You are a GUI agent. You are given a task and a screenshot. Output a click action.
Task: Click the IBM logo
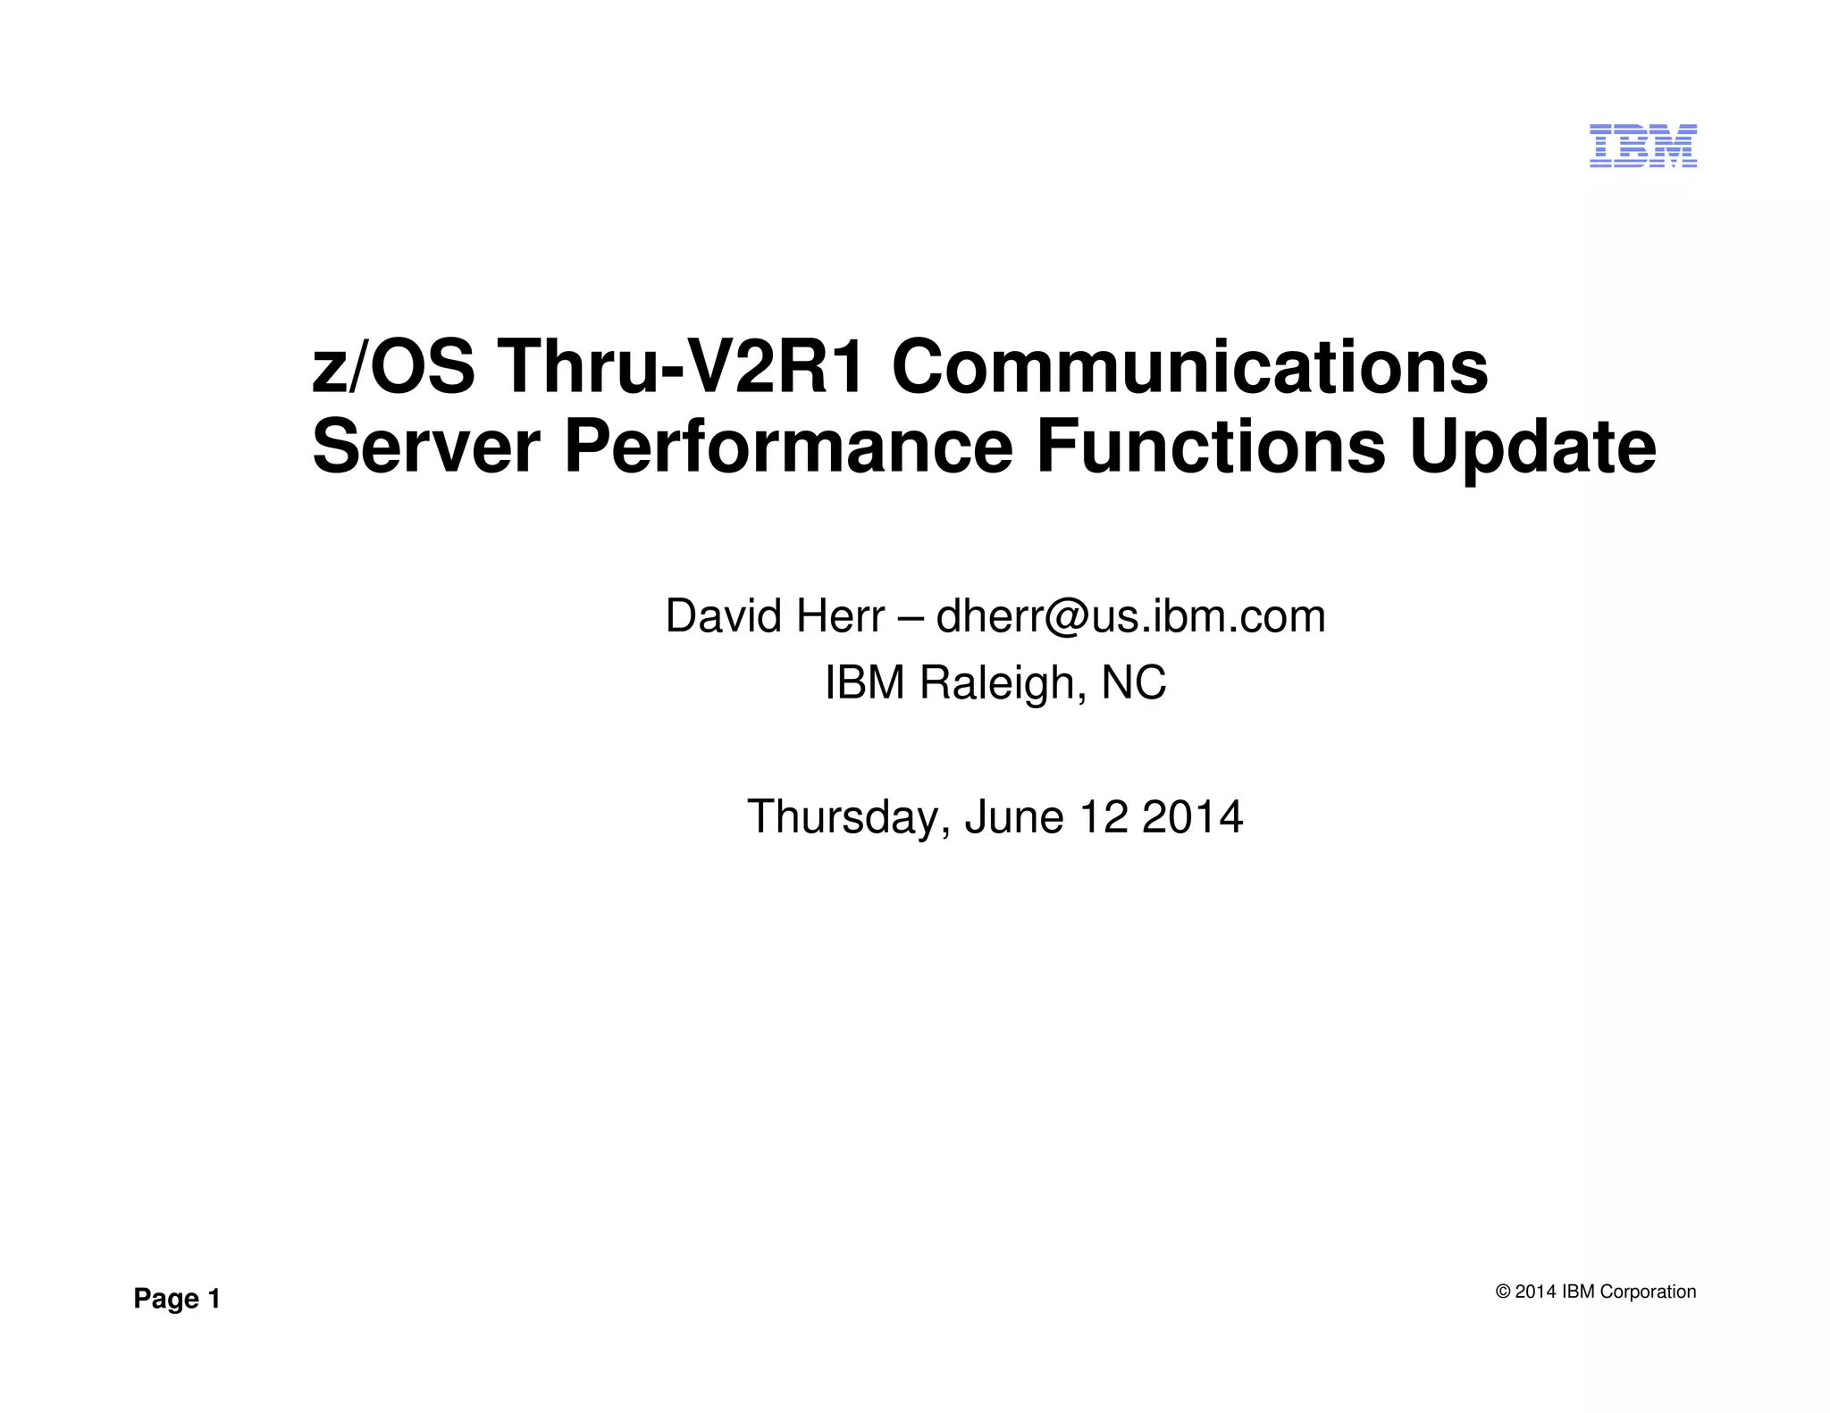(x=1642, y=146)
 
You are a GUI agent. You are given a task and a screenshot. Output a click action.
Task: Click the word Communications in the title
(x=1189, y=367)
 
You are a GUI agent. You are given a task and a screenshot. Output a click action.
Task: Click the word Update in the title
(x=1532, y=449)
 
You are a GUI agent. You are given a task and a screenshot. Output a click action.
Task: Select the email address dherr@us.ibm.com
(x=1130, y=616)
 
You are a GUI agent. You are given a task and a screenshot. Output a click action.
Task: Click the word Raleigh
(x=1003, y=683)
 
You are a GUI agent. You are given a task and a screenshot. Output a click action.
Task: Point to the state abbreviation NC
(x=1134, y=683)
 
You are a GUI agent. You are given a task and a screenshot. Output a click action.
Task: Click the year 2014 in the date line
(x=1192, y=817)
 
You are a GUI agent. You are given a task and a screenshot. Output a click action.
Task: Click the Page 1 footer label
(x=177, y=1299)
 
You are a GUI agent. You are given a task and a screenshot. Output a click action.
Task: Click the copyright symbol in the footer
(x=1503, y=1292)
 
